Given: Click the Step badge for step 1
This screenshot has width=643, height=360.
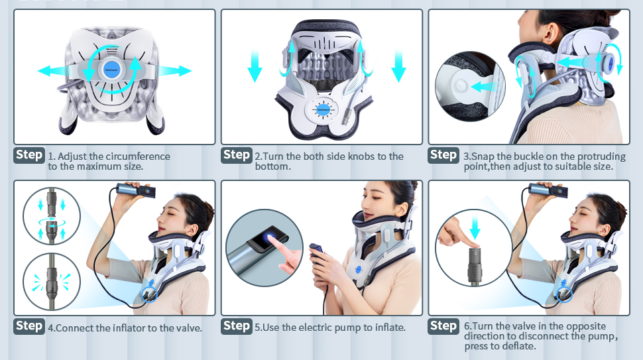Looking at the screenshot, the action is [29, 155].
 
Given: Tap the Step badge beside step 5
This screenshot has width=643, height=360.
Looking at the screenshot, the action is [237, 326].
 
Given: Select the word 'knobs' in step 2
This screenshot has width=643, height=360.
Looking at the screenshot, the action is [361, 156].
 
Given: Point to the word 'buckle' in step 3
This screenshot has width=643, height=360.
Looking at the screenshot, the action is [528, 156].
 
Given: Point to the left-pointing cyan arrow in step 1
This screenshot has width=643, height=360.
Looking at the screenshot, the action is [53, 70].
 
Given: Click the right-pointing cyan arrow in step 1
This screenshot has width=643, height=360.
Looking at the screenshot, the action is [175, 70].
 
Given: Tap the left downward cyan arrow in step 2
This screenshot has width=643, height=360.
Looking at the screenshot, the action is [255, 66].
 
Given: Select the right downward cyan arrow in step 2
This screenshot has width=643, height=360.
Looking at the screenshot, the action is [398, 66].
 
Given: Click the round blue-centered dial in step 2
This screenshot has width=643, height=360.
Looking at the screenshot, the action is [323, 110].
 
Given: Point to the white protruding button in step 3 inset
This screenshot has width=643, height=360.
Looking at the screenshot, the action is [461, 86].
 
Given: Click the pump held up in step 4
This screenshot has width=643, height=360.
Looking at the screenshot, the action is [136, 190].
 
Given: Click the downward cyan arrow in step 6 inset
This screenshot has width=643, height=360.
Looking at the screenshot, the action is [475, 228].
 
